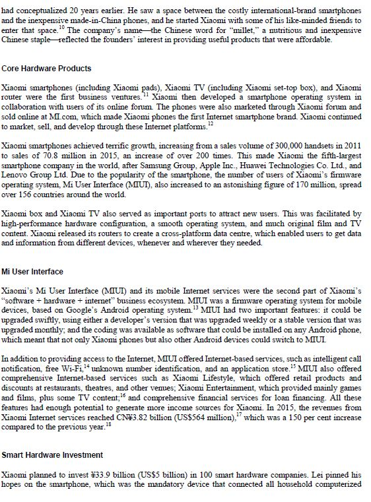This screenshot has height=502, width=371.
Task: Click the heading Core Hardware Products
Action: pos(46,68)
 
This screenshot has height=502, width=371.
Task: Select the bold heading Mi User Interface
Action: pos(32,271)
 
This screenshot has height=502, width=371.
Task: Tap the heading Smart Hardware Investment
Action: pos(52,455)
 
